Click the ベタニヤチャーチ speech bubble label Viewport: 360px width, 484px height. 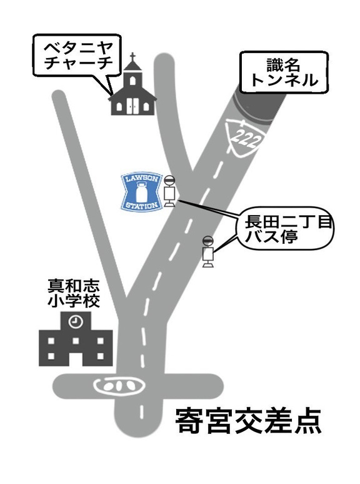coord(77,56)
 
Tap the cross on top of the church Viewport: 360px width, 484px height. coord(132,57)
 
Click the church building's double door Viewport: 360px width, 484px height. coord(132,106)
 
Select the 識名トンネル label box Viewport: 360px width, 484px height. coord(284,73)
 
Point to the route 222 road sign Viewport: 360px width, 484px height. coord(245,136)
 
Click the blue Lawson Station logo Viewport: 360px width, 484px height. coord(142,192)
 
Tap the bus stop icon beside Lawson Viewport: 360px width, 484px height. coord(169,191)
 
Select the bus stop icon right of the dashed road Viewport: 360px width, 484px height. coord(208,251)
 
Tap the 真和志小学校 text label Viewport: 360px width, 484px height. coord(73,293)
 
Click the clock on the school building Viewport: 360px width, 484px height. coord(76,321)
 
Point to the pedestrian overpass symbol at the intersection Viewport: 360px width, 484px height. coord(119,386)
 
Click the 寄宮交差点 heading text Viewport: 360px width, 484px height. coord(249,421)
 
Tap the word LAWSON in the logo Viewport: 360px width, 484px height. coord(141,179)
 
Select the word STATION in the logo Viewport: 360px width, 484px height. coord(142,205)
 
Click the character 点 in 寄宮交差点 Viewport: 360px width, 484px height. coord(307,421)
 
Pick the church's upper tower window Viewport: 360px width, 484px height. coord(132,81)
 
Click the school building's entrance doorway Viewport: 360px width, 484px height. coord(76,359)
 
